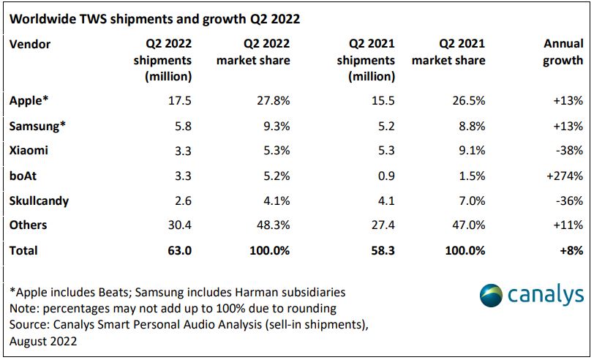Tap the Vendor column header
point(30,45)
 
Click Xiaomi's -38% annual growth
point(568,151)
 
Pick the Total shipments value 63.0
point(178,250)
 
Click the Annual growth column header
point(563,53)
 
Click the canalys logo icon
point(492,296)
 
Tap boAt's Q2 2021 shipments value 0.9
point(386,176)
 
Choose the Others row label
point(29,225)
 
